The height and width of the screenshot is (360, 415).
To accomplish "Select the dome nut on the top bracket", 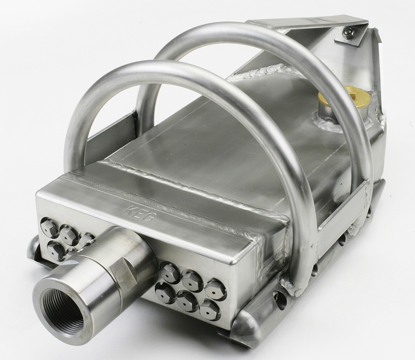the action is [348, 33].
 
